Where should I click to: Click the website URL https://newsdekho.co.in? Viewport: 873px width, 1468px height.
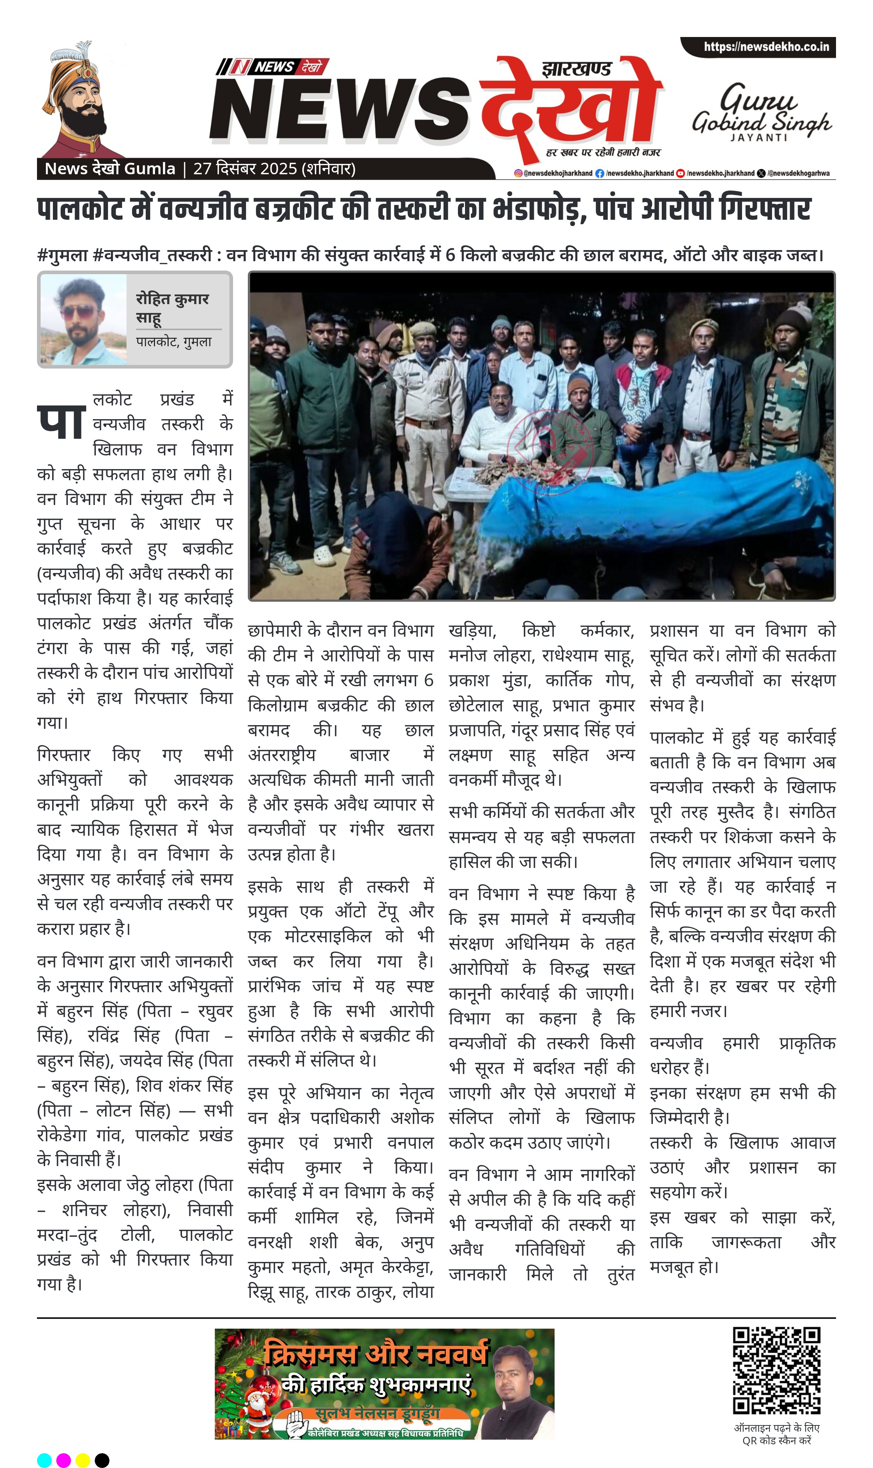[x=766, y=47]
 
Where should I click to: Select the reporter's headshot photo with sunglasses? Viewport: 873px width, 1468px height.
[x=83, y=320]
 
